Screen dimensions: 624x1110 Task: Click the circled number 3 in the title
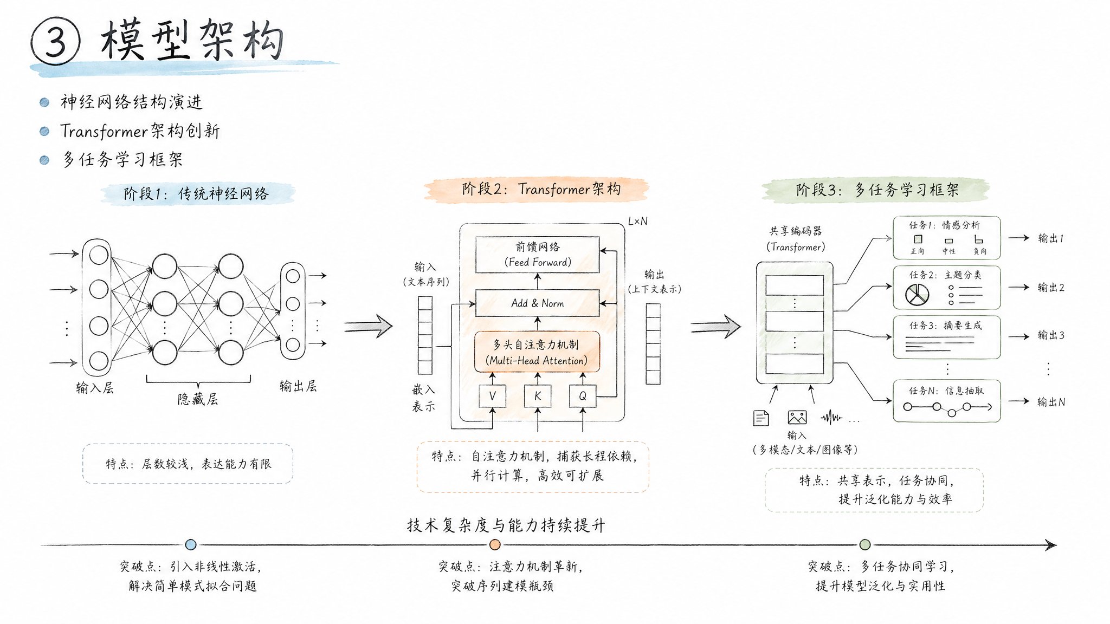(x=55, y=42)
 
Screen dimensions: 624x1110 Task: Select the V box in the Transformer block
(x=492, y=396)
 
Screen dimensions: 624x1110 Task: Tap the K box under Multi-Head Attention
(x=538, y=396)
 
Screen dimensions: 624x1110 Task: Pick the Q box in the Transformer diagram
(x=583, y=396)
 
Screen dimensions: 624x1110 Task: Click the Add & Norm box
(x=537, y=303)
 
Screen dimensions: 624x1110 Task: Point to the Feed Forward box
(x=537, y=255)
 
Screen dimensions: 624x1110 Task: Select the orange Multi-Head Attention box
(x=537, y=352)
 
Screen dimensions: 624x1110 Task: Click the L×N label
(x=637, y=221)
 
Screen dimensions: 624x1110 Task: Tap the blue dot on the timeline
(x=191, y=545)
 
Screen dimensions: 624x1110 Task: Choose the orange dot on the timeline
(x=495, y=544)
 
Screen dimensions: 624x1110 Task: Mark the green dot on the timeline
(x=865, y=544)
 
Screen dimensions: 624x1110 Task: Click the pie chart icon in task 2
(x=917, y=295)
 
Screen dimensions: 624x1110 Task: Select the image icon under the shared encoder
(x=797, y=417)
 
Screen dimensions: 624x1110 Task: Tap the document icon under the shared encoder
(x=761, y=418)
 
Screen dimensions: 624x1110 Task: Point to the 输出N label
(x=1050, y=402)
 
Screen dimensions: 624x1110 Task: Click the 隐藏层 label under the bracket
(x=198, y=399)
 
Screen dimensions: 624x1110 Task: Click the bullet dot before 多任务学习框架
(x=44, y=160)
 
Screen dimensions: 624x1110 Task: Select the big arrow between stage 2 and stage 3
(x=716, y=327)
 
